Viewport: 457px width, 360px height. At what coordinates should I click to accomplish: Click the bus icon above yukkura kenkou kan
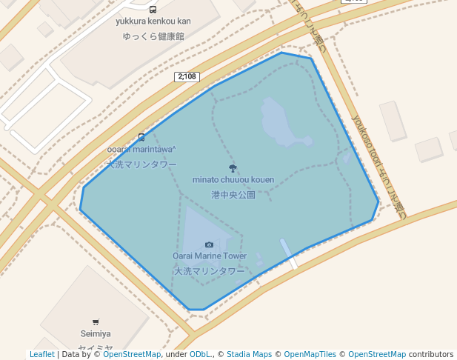[x=153, y=10]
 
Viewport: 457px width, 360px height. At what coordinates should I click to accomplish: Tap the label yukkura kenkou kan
[x=153, y=21]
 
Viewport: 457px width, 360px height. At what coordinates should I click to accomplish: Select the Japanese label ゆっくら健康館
[x=153, y=36]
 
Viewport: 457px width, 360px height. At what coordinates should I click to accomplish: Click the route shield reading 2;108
[x=187, y=76]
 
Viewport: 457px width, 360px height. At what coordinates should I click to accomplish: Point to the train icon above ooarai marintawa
[x=141, y=137]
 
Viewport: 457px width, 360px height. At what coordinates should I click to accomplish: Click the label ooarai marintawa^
[x=141, y=150]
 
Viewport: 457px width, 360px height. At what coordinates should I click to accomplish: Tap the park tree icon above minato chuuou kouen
[x=233, y=168]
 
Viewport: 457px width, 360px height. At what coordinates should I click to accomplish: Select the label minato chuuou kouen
[x=233, y=180]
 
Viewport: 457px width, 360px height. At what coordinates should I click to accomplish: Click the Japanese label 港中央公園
[x=233, y=195]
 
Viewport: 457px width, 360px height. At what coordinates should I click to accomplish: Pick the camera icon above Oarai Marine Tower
[x=209, y=244]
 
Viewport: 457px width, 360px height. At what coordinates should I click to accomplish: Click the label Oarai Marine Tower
[x=210, y=256]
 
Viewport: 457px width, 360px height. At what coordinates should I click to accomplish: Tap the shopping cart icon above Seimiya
[x=96, y=321]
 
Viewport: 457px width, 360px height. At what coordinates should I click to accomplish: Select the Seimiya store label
[x=95, y=334]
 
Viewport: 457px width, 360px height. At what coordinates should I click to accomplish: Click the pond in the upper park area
[x=278, y=122]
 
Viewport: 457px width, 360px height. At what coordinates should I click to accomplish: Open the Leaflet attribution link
[x=41, y=355]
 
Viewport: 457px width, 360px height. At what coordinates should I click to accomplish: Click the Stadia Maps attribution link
[x=249, y=355]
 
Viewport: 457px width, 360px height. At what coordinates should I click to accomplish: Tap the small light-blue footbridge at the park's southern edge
[x=288, y=253]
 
